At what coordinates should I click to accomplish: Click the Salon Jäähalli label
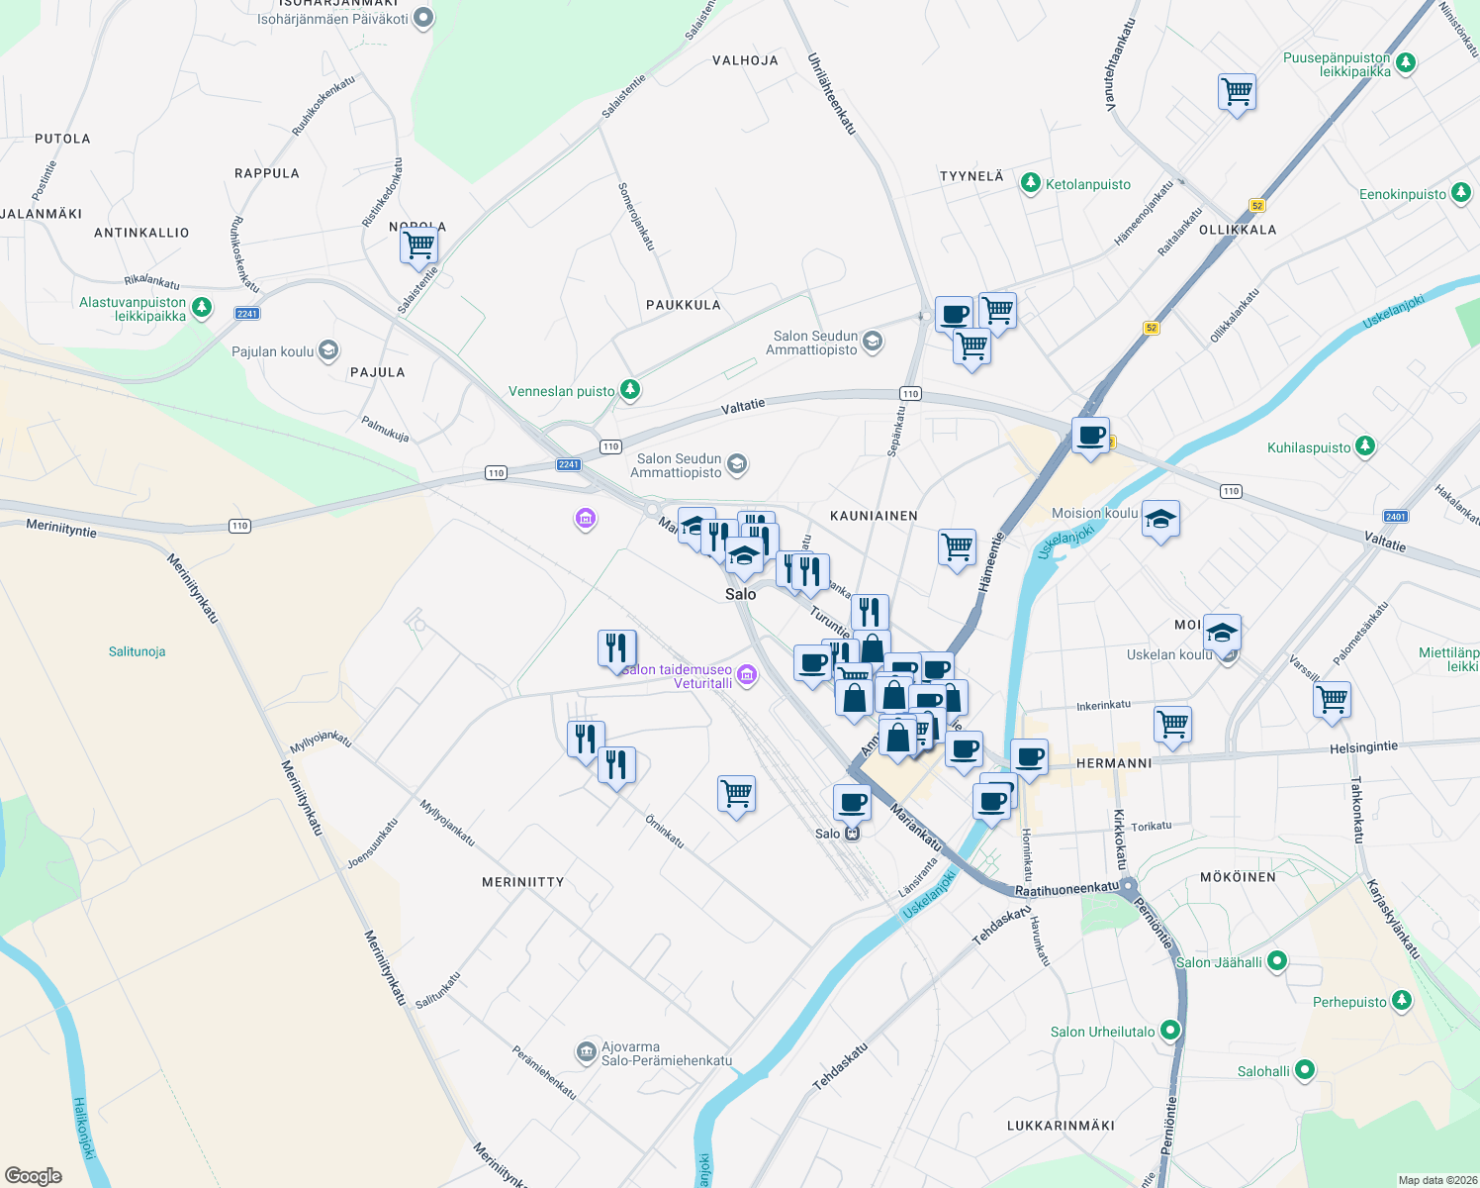[1218, 962]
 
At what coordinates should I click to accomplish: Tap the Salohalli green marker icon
[1305, 1069]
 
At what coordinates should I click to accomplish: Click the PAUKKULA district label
[683, 305]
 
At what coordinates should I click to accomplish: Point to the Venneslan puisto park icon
[630, 390]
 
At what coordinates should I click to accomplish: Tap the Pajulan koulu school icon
[328, 350]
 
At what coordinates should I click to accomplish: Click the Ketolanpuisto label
[1087, 184]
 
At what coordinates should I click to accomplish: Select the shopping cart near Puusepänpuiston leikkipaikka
[1238, 93]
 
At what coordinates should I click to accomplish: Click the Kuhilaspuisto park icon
[1365, 446]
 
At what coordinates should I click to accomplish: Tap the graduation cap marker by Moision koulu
[1160, 519]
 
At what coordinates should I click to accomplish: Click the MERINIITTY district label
[522, 882]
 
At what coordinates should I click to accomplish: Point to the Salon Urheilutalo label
[1102, 1032]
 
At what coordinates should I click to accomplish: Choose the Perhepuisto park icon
[1402, 1001]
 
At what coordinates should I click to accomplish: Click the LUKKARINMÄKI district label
[1061, 1126]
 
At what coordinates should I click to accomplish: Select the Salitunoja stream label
[137, 651]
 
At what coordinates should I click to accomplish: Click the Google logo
[33, 1176]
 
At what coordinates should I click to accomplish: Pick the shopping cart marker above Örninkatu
[736, 793]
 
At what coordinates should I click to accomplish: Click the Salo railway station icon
[853, 834]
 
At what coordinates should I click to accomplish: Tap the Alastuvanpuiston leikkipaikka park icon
[202, 308]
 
